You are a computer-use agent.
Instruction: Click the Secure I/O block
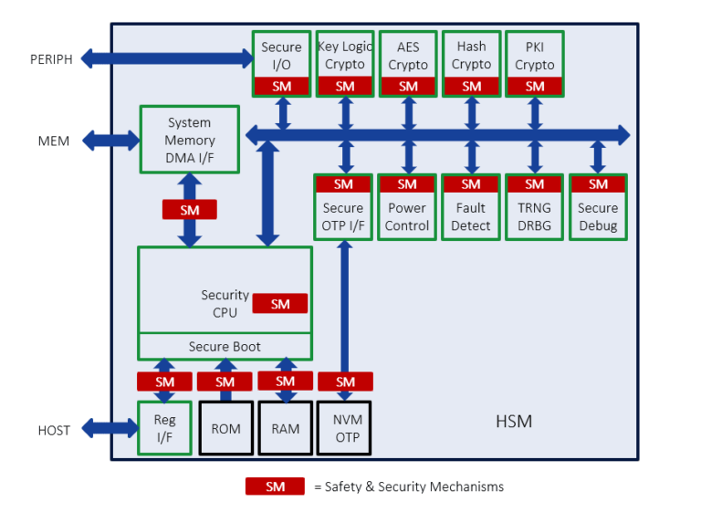tap(281, 56)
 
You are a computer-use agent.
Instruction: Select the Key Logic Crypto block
tap(345, 56)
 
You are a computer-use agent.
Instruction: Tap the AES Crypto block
tap(408, 56)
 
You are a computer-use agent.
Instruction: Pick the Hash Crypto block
tap(471, 56)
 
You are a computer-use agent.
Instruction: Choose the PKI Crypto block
tap(534, 56)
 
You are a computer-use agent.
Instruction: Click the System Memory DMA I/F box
tap(189, 140)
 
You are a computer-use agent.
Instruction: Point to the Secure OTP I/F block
tap(343, 216)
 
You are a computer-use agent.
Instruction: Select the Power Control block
tap(407, 216)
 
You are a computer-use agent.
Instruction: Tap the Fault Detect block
tap(471, 216)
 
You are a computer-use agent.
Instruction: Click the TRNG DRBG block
tap(534, 216)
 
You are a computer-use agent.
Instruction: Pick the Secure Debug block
tap(598, 216)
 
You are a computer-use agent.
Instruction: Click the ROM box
tap(225, 428)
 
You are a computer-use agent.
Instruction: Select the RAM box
tap(286, 428)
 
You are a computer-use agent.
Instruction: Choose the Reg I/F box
tap(165, 428)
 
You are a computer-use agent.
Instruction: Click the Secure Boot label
tap(225, 347)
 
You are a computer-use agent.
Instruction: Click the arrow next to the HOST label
tap(109, 427)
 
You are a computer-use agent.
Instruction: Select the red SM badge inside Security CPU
tap(280, 304)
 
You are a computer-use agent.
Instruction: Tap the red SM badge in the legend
tap(275, 486)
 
